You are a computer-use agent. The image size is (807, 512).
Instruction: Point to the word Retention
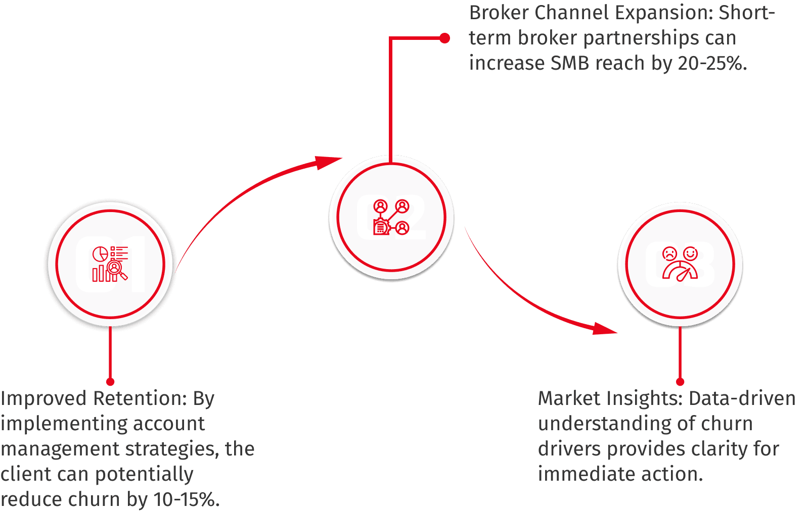click(x=140, y=399)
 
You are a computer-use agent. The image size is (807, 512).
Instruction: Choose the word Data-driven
click(x=742, y=399)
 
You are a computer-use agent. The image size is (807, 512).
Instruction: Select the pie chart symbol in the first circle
click(x=100, y=254)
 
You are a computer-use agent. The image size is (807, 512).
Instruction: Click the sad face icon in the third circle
click(x=669, y=253)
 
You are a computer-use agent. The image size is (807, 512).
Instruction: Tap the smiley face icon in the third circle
click(x=690, y=253)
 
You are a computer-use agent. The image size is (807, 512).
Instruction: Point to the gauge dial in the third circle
click(x=680, y=272)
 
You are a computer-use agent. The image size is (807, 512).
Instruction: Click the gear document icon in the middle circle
click(x=381, y=227)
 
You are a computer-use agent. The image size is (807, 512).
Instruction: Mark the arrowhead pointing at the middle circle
click(x=328, y=162)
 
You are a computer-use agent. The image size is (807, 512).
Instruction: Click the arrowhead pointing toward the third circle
click(x=605, y=329)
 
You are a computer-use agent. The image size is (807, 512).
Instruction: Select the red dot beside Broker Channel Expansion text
click(x=445, y=38)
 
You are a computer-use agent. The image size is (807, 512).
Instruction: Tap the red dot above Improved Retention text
click(x=111, y=382)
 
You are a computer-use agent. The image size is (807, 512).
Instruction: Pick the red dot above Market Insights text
click(x=680, y=382)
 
